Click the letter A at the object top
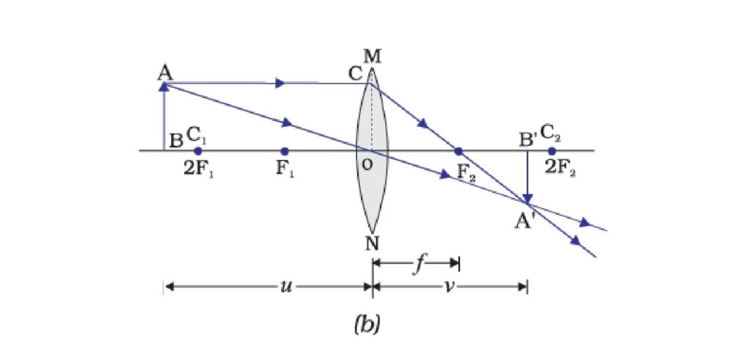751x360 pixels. [165, 73]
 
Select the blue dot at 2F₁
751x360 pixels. [198, 151]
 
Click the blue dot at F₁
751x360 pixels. [285, 151]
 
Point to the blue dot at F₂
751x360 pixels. [459, 151]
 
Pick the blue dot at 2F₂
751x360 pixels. [552, 151]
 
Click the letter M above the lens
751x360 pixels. [372, 57]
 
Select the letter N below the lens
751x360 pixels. [373, 243]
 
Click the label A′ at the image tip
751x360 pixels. [524, 221]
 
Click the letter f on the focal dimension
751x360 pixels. [419, 265]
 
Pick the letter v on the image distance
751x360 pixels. [450, 287]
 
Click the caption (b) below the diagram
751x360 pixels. [367, 325]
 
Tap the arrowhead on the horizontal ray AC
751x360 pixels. [280, 84]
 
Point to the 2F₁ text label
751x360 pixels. [198, 170]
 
